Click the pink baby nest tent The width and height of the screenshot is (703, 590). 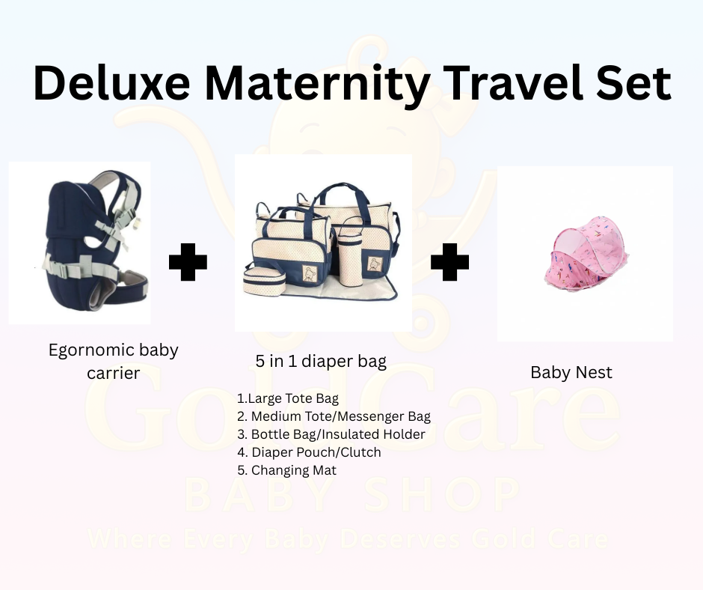click(586, 254)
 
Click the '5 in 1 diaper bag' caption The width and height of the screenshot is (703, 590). click(321, 362)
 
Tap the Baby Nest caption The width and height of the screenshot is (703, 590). click(571, 372)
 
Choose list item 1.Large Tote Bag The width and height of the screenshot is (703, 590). click(287, 398)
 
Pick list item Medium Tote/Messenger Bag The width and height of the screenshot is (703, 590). click(334, 416)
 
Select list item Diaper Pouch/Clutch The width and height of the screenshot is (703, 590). click(309, 452)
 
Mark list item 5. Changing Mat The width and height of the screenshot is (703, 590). click(286, 470)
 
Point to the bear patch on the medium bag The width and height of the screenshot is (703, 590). click(310, 272)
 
